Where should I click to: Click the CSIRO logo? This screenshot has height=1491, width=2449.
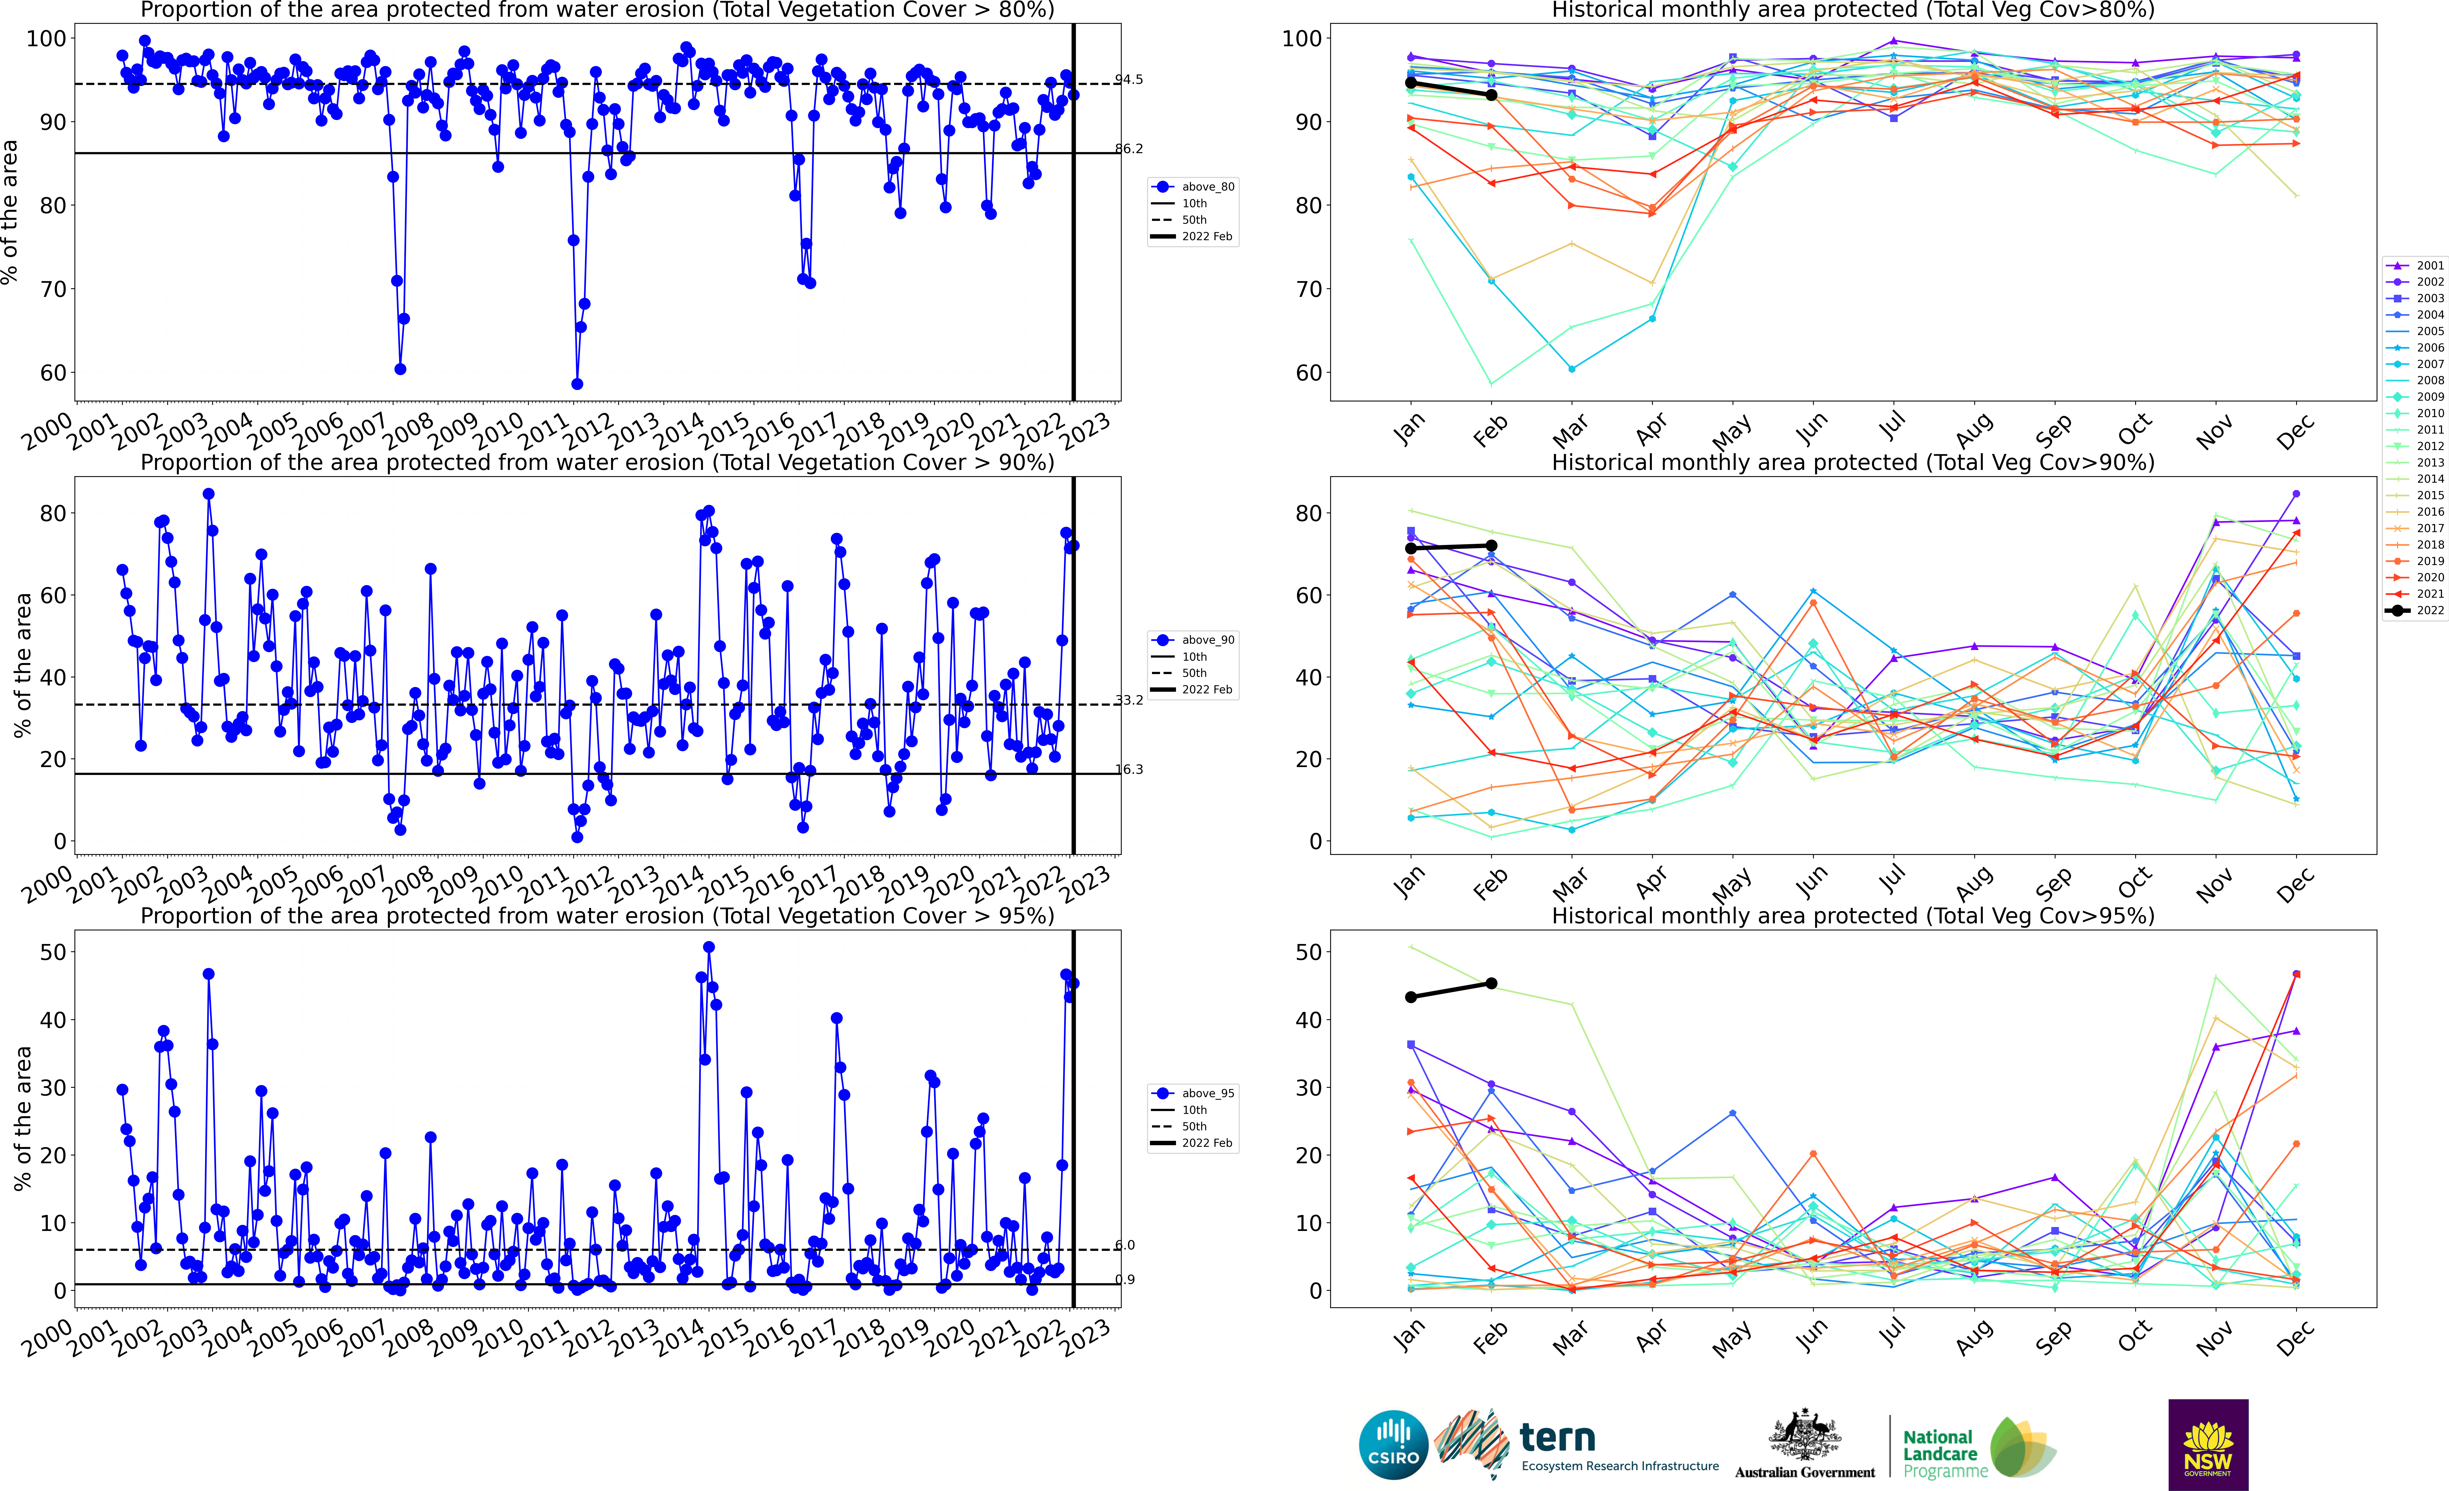[x=1392, y=1444]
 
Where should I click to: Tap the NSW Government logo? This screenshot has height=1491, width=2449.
[x=2208, y=1444]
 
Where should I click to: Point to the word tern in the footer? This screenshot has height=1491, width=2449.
[x=1558, y=1437]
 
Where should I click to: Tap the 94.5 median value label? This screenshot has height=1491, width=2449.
[x=1128, y=79]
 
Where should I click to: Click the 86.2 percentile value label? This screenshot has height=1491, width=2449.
[x=1128, y=149]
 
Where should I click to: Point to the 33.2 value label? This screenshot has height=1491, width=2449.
[x=1128, y=700]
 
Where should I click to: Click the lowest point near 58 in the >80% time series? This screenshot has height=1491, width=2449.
[x=576, y=384]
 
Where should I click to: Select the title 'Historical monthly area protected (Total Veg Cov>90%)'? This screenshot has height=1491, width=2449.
[x=1853, y=462]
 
